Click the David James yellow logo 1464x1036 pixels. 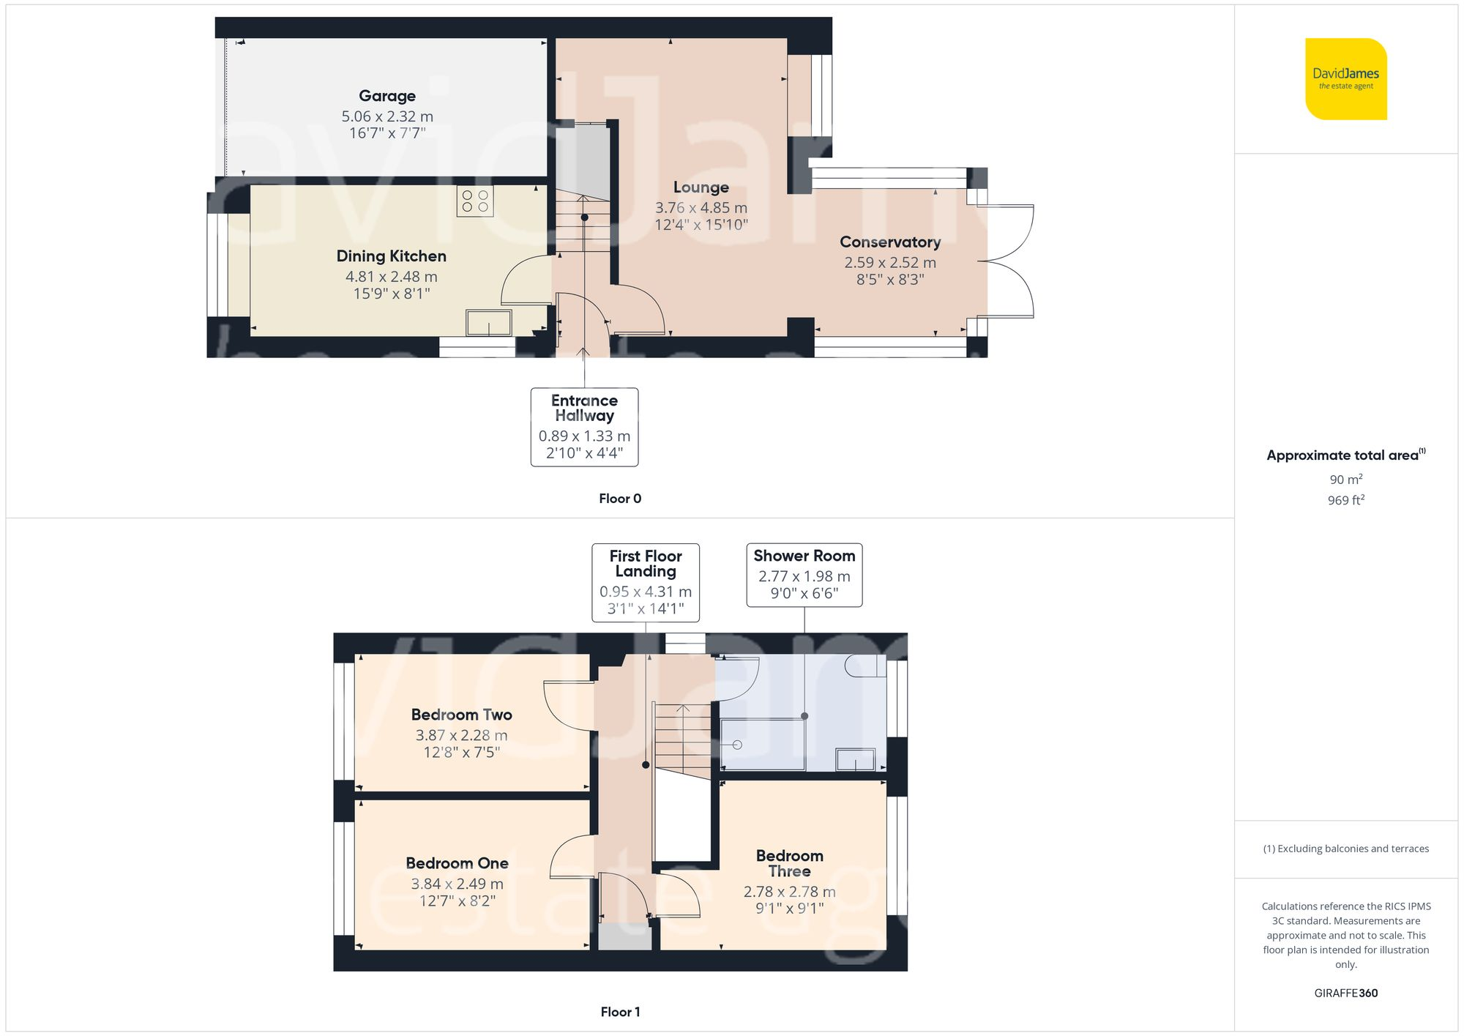(x=1345, y=79)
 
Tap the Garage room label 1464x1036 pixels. (x=387, y=96)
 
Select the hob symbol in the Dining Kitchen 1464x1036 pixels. (x=475, y=201)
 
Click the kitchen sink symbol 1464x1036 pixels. (x=489, y=322)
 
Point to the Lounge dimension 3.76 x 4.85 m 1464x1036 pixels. (x=701, y=208)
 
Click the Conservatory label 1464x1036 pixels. (x=890, y=242)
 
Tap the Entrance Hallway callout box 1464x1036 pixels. (x=584, y=427)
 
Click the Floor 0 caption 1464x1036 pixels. (x=620, y=499)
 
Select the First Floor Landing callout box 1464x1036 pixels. (x=645, y=582)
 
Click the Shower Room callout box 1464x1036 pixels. (x=804, y=575)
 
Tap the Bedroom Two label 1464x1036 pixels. (x=461, y=715)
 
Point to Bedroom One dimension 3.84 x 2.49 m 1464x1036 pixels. (x=457, y=884)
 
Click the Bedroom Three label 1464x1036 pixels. (x=789, y=863)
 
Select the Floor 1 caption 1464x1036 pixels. (x=620, y=1012)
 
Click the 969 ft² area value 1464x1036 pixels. (x=1345, y=500)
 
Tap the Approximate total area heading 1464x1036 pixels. (x=1345, y=455)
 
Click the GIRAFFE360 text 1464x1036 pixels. (x=1345, y=993)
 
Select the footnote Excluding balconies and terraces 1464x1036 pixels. (x=1345, y=849)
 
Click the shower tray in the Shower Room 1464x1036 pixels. (x=763, y=744)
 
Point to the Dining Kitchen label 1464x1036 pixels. (x=391, y=256)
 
